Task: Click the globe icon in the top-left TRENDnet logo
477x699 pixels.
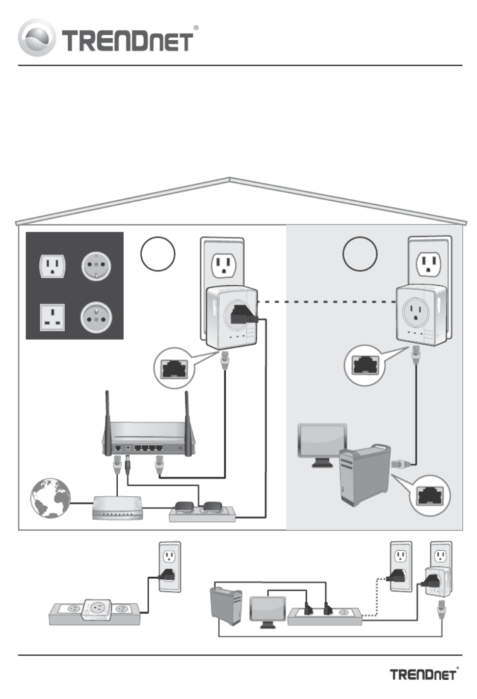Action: [x=36, y=37]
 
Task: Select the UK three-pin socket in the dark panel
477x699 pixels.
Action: [x=52, y=318]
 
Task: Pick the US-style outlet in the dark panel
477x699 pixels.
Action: [x=52, y=266]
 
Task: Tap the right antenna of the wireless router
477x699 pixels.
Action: [x=187, y=417]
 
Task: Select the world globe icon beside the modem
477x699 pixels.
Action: [x=51, y=498]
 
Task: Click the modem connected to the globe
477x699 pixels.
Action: [x=117, y=507]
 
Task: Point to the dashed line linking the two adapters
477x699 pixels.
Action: [x=326, y=301]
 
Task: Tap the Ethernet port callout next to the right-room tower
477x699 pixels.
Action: [x=430, y=496]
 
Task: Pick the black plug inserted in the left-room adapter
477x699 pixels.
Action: [x=242, y=315]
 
